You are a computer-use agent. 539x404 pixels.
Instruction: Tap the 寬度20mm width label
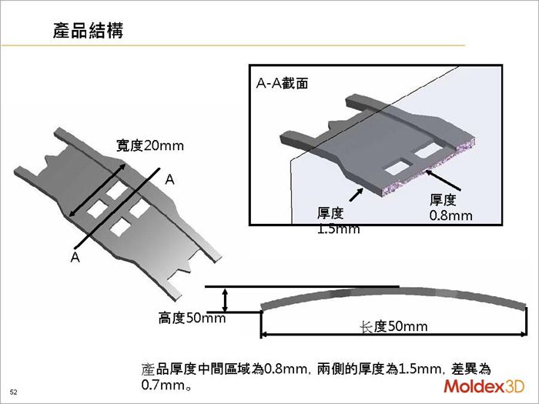coord(150,145)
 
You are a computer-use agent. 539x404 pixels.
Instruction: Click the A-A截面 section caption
coord(283,83)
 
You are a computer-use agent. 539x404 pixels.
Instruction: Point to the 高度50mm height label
coord(192,318)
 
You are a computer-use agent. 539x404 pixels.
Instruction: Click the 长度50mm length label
coord(393,326)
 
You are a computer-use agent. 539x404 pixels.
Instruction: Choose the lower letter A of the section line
coord(75,258)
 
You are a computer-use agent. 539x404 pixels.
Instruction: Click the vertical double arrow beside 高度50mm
coord(225,299)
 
